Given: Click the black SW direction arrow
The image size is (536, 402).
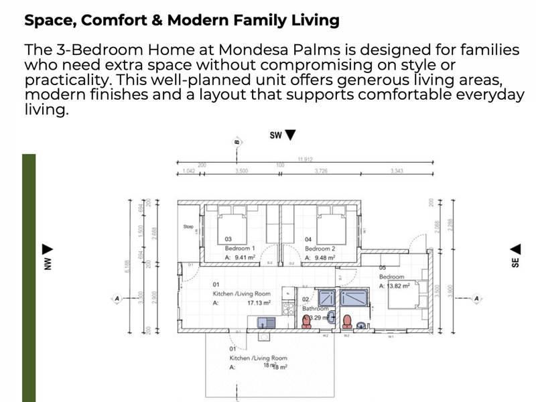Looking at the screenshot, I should pyautogui.click(x=289, y=135).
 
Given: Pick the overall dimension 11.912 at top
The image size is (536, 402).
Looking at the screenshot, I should pyautogui.click(x=306, y=159).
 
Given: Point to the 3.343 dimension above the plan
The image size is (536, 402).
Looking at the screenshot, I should pyautogui.click(x=398, y=172).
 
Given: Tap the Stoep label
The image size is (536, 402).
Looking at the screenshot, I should pyautogui.click(x=188, y=227).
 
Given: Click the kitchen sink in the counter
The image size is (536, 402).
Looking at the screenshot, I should pyautogui.click(x=264, y=323).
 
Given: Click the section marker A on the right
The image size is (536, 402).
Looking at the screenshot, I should pyautogui.click(x=477, y=298).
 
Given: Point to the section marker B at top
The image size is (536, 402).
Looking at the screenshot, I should pyautogui.click(x=237, y=142).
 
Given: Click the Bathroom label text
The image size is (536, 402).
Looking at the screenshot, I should pyautogui.click(x=315, y=309).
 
